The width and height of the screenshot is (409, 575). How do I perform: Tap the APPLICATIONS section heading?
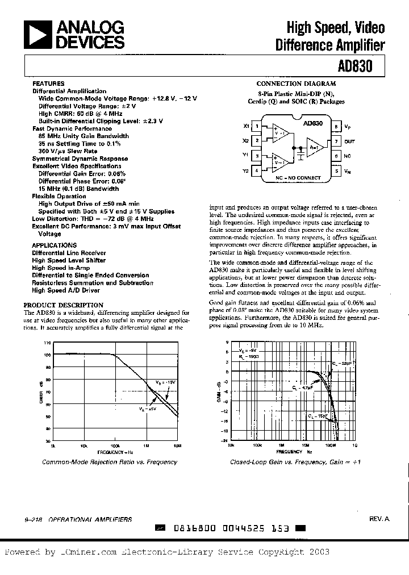55,245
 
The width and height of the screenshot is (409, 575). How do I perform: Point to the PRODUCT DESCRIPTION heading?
64,305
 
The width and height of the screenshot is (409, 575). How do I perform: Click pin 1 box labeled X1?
257,126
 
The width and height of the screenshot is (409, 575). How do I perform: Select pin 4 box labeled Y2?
257,170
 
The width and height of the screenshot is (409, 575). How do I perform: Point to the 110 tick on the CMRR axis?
47,343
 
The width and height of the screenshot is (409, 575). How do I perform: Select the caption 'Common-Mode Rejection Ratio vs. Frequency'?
110,462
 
